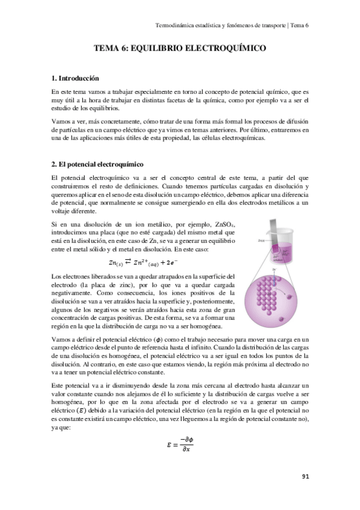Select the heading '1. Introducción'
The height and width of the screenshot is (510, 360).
pyautogui.click(x=75, y=78)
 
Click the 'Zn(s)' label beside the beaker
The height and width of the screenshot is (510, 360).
pyautogui.click(x=260, y=240)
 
